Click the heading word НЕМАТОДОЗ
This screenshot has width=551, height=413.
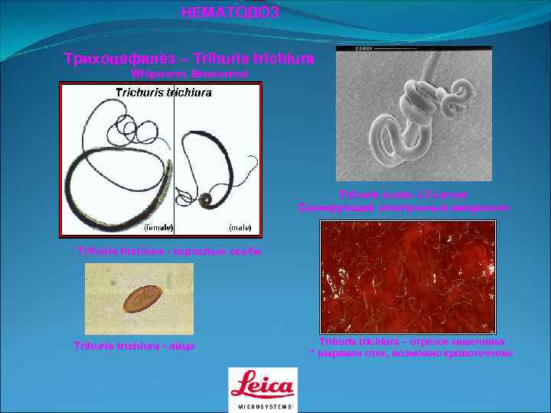coord(230,12)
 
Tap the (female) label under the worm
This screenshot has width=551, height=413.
coord(158,227)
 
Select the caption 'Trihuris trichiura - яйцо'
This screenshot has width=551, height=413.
coord(134,346)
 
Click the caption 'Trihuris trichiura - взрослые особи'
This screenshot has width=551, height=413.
coord(169,251)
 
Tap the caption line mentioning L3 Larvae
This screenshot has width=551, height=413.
coord(403,195)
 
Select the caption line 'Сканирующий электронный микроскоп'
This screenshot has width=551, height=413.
coord(403,207)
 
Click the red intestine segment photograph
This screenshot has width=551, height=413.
coord(408,277)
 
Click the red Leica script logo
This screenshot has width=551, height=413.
coord(262,385)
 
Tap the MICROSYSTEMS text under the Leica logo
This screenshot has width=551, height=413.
coord(262,406)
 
